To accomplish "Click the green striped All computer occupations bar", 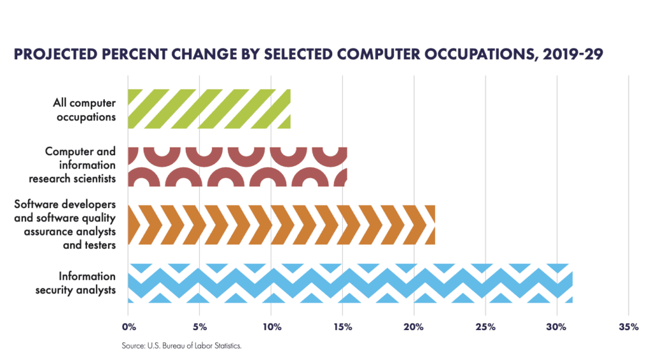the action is tap(209, 109).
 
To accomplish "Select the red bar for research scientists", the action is tap(238, 167).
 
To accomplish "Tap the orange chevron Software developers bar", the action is tap(282, 225).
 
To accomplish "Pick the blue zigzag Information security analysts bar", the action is tap(351, 283).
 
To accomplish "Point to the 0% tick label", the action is tap(129, 327).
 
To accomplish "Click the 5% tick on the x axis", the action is tap(200, 327).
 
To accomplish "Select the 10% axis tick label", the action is tap(271, 327).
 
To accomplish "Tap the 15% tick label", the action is tap(343, 327).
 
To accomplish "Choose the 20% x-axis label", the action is tap(414, 327).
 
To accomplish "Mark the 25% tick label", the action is tap(485, 327).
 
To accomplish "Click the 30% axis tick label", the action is tap(556, 327).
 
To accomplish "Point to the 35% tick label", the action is tap(628, 327).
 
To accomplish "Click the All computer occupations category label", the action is tap(85, 110).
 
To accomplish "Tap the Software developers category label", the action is tap(65, 224).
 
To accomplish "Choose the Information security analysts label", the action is tap(75, 283).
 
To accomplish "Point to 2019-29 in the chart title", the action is tap(573, 55).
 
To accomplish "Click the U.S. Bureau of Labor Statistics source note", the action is tap(181, 346).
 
